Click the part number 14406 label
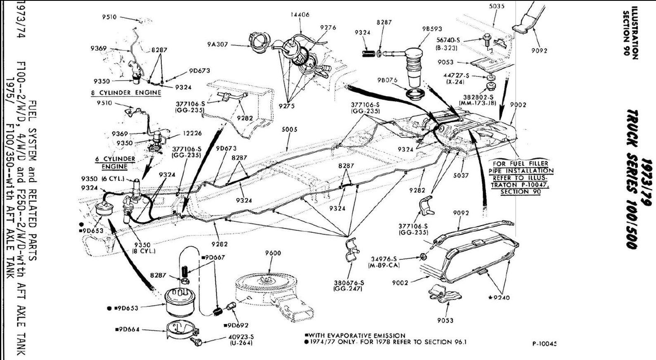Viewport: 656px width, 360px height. tap(300, 14)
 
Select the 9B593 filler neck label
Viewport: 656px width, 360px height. tap(432, 29)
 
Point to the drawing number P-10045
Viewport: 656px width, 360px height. tap(545, 343)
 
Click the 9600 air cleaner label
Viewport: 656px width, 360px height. tap(273, 253)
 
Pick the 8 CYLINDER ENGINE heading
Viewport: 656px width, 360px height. tap(126, 92)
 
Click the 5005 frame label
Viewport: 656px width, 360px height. tap(289, 130)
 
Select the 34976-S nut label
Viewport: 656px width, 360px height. tap(384, 259)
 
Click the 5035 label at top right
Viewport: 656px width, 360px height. tap(497, 6)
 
